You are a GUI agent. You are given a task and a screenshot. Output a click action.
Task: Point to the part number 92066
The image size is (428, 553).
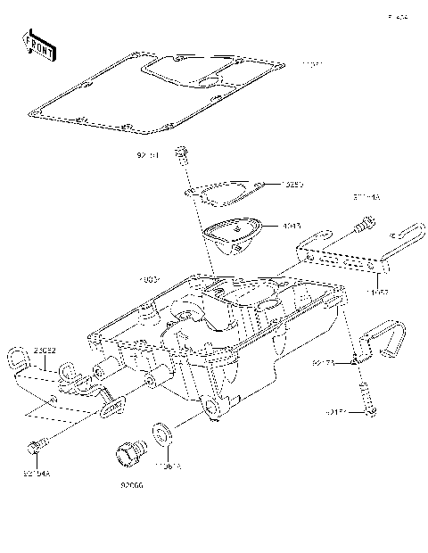pos(132,486)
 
